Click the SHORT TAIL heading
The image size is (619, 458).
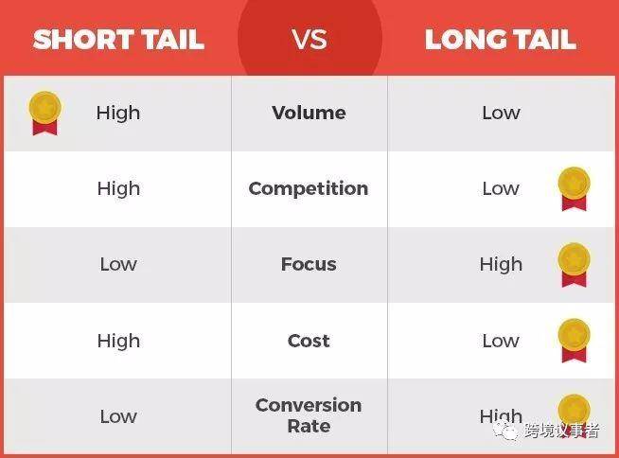118,40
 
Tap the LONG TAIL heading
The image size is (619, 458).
501,40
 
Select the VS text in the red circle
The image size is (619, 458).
309,40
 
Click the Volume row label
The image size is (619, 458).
309,113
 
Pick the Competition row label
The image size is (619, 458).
309,188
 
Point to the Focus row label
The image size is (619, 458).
309,264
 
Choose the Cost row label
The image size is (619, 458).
309,341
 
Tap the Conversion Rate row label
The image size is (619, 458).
309,415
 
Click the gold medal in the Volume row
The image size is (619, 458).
45,113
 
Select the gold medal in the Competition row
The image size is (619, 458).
574,188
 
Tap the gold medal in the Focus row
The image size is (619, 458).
574,265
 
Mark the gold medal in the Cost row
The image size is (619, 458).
574,341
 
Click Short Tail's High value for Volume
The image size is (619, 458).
118,114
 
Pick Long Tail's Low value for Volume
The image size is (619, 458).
501,113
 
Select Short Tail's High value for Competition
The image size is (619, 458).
118,189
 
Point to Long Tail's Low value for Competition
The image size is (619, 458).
501,188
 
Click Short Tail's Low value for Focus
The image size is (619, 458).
118,264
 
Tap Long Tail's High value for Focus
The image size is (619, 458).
501,265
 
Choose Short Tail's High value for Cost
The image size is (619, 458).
118,341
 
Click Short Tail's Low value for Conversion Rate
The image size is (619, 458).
118,416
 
